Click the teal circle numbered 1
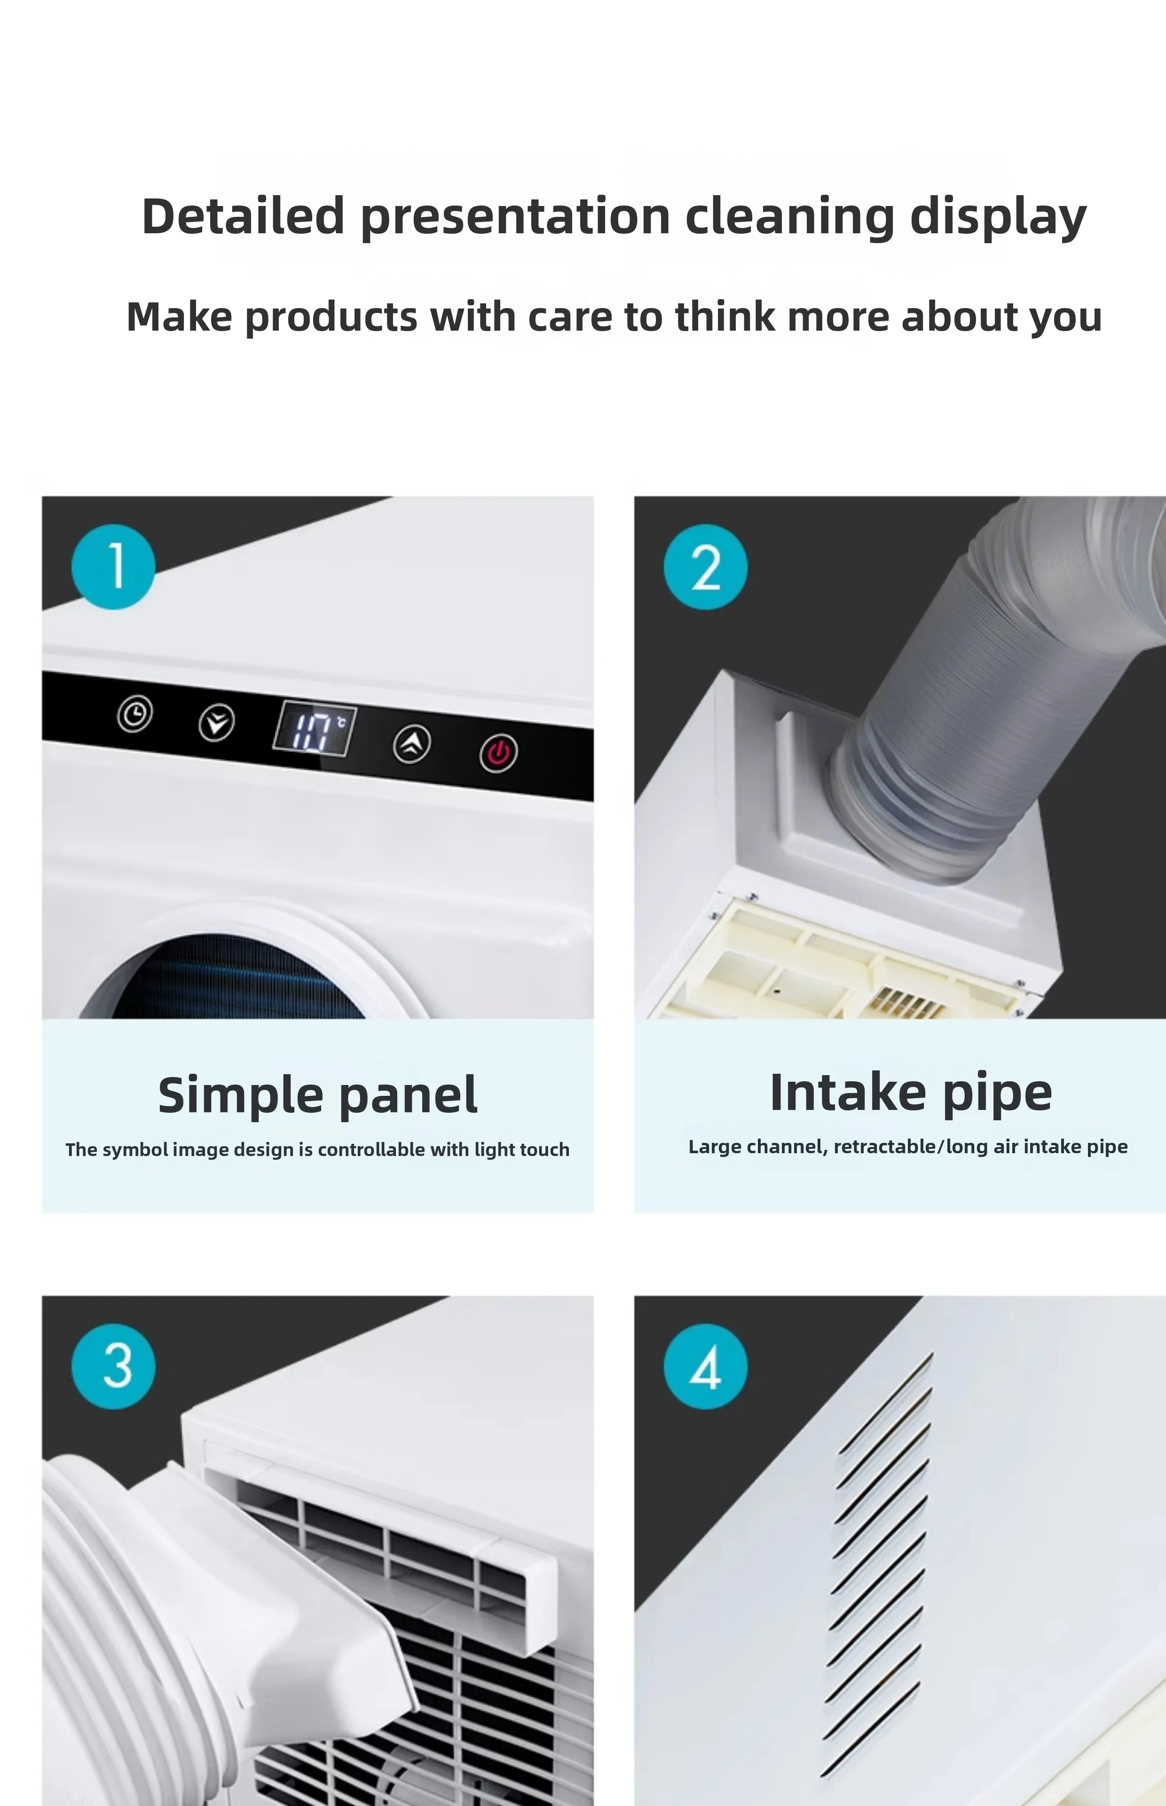point(114,566)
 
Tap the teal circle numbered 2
point(706,566)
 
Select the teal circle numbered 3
point(114,1366)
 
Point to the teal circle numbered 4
point(706,1366)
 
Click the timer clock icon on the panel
point(135,713)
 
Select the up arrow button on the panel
point(412,744)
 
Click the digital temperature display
point(314,728)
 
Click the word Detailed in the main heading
point(243,216)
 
